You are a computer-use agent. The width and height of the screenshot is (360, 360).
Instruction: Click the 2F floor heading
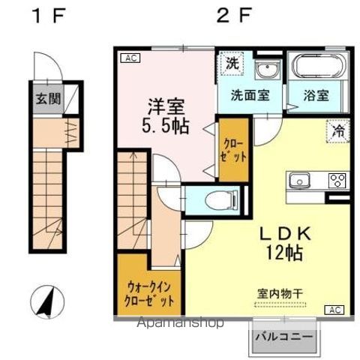tap(235, 15)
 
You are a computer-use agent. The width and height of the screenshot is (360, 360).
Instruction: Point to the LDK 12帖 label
tap(283, 243)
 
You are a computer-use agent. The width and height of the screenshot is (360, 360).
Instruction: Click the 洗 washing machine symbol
tap(234, 64)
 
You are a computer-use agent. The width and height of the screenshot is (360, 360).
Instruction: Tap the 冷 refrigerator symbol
tap(339, 130)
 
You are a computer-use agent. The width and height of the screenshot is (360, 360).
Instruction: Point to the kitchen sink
tap(298, 180)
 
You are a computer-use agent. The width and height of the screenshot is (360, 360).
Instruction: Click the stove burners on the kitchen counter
tap(336, 180)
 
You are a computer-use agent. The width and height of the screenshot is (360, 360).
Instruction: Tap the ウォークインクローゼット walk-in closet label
tap(149, 292)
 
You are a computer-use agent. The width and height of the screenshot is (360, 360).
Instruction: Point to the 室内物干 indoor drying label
tap(279, 295)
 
